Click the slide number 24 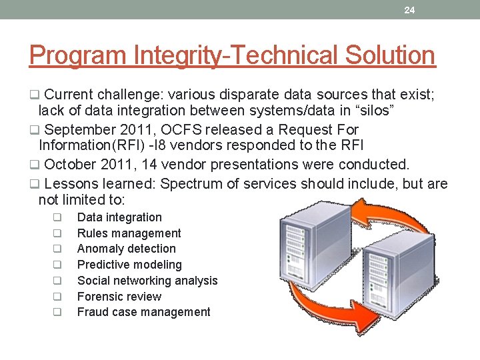point(409,10)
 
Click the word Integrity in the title point(166,55)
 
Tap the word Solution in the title point(390,55)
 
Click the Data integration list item point(119,217)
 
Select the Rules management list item point(129,233)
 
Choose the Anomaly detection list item point(127,249)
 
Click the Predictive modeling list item point(129,265)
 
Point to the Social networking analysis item point(147,281)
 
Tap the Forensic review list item point(119,297)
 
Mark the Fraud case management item point(143,312)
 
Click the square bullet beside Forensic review point(58,297)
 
